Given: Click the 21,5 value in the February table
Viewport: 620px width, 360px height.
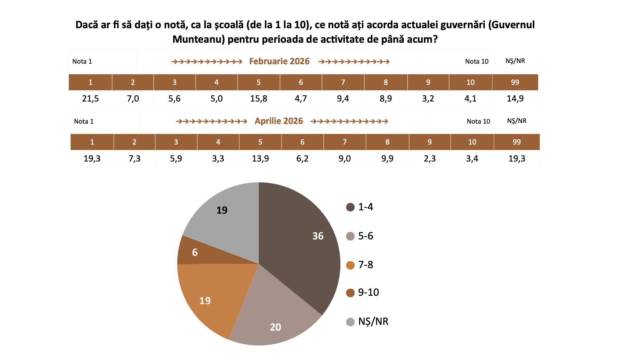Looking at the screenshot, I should coord(90,98).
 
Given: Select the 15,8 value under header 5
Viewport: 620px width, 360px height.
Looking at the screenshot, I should coord(259,98).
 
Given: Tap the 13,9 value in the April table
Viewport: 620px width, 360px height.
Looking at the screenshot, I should coord(260,158).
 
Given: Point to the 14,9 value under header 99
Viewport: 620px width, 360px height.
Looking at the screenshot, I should coord(515,98).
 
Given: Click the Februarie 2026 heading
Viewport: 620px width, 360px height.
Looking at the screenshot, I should coord(279,62).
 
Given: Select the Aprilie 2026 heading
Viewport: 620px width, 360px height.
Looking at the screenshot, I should coord(278,121).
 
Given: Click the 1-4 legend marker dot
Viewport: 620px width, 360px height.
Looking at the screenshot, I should coord(350,207).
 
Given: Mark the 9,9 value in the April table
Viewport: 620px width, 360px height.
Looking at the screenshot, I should coord(387,158).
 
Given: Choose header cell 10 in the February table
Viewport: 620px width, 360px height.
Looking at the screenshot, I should coord(470,82).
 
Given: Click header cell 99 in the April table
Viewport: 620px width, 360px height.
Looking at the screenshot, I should coord(517,142).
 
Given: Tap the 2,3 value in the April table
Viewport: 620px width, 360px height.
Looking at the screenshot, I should coord(430,158).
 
